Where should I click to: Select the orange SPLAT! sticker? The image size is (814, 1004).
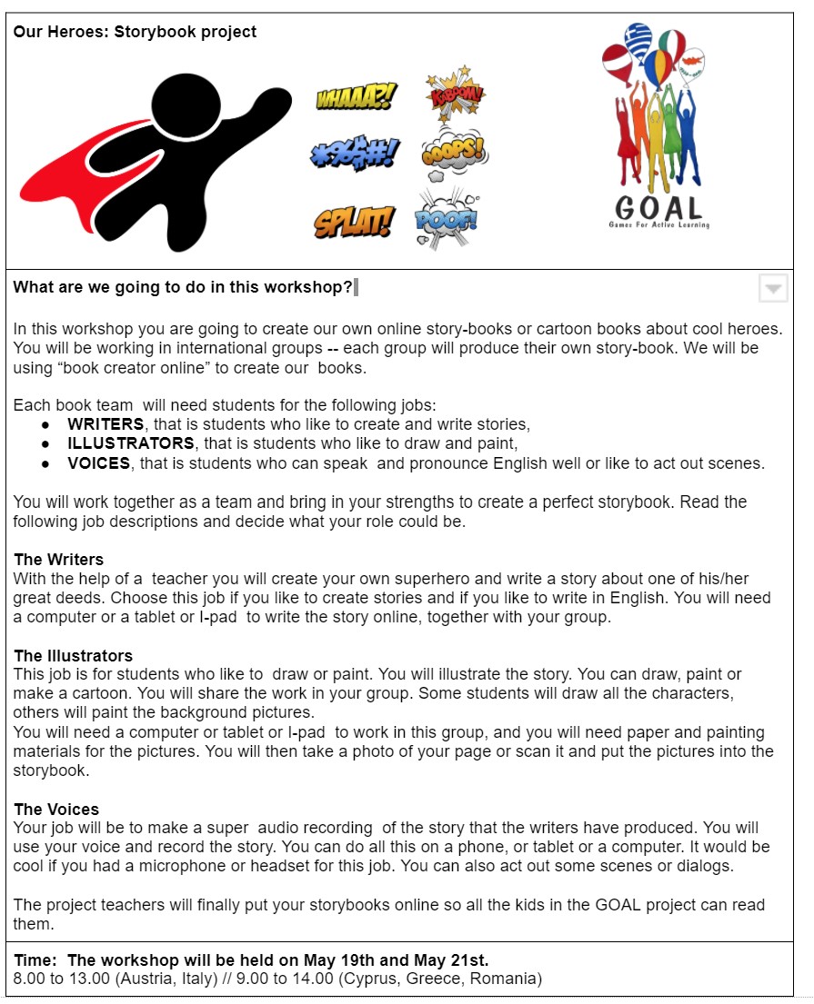click(x=355, y=222)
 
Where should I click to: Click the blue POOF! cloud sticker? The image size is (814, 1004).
click(x=447, y=218)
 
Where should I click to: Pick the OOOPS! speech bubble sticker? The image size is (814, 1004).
click(x=453, y=153)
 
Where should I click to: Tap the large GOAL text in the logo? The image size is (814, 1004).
click(x=659, y=207)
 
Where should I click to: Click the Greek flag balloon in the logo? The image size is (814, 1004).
click(x=638, y=41)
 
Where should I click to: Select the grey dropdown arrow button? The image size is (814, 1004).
click(x=773, y=289)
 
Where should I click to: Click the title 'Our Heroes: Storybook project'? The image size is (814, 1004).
click(x=135, y=33)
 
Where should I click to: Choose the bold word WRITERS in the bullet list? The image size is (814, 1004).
click(x=106, y=424)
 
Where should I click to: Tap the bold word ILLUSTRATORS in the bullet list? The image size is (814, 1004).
click(x=131, y=443)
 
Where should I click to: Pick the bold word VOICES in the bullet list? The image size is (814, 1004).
click(x=99, y=463)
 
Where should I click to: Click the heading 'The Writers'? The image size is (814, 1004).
click(x=59, y=560)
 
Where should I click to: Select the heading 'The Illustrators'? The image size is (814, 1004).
click(x=74, y=656)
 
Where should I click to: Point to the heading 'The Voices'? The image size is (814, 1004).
click(x=56, y=810)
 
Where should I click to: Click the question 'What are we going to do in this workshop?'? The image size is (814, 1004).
click(x=183, y=288)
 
